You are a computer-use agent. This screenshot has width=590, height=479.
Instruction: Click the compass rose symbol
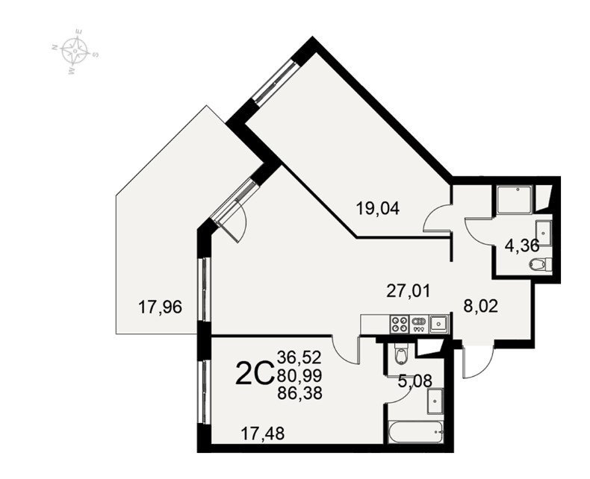(75, 51)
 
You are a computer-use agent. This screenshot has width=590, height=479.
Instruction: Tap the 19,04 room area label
(378, 208)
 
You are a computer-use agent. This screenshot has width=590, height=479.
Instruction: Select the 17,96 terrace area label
(160, 307)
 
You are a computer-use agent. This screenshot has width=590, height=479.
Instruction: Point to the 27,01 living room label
(409, 291)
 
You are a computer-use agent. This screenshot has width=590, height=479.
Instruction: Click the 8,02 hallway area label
(480, 307)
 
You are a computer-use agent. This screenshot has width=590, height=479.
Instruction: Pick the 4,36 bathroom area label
(522, 246)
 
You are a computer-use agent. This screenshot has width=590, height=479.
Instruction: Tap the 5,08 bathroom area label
(414, 381)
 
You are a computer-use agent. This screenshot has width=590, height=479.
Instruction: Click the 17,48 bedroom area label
(263, 433)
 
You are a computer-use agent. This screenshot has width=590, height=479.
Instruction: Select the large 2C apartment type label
(254, 374)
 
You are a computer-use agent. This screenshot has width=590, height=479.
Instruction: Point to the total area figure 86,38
(299, 393)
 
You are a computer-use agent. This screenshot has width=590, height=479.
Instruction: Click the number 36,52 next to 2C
(299, 357)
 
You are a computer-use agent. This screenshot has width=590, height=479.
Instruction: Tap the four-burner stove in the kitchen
(400, 324)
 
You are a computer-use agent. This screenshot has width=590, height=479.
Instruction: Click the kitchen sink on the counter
(438, 324)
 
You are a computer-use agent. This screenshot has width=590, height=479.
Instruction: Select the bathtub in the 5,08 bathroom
(415, 432)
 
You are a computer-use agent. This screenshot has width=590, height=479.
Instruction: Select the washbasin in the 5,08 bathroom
(435, 401)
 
